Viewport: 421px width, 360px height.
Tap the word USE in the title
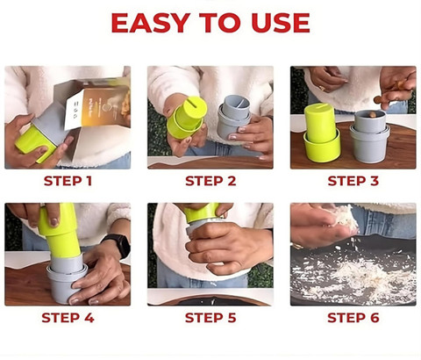281,23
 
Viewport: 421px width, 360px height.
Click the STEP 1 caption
68,181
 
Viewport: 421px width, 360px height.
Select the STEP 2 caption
210,181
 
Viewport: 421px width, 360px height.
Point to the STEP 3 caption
353,181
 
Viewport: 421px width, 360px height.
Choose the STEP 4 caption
68,318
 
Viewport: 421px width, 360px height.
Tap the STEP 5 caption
210,318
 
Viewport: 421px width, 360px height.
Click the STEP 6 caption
353,318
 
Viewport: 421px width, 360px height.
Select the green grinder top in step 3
322,133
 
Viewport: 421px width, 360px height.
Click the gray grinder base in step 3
370,137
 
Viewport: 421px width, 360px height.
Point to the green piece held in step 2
187,118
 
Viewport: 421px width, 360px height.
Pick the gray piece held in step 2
234,117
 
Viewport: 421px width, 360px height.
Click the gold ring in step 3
321,88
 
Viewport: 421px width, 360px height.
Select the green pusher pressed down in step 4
61,231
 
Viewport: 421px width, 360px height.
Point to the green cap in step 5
202,212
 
